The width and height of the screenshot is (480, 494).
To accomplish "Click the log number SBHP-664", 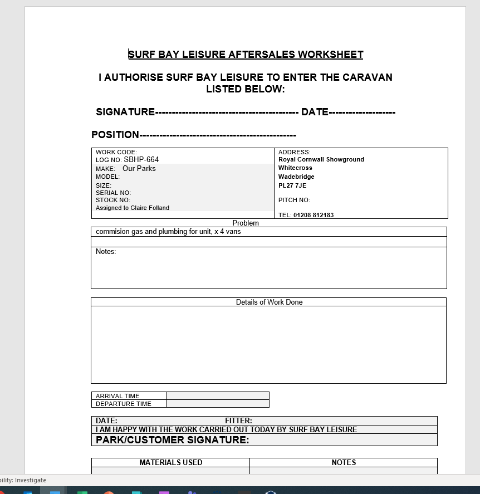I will point(141,160).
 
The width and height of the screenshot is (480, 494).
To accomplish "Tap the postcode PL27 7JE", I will point(292,185).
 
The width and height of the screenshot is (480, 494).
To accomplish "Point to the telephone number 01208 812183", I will point(314,215).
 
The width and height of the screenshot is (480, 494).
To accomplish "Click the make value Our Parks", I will point(139,169).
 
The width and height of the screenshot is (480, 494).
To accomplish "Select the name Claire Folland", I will point(150,208).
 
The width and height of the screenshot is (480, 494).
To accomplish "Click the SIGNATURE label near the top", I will point(125,112).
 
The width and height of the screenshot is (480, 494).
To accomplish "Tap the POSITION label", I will point(115,135).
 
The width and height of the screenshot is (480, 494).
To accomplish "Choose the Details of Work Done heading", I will point(269,302).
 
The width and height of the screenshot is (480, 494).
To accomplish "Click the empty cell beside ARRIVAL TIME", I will point(217,396).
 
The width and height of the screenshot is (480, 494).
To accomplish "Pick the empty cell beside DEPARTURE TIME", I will point(217,404).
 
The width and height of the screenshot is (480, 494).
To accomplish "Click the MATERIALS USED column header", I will point(170,462).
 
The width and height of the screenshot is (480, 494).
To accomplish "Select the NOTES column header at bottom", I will point(344,462).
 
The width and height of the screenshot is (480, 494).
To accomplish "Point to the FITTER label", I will point(238,421).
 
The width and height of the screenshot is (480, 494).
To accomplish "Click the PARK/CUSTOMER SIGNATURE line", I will point(172,440).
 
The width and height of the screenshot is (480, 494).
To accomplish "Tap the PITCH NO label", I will point(294,200).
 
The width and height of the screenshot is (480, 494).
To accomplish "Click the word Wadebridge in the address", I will point(296,177).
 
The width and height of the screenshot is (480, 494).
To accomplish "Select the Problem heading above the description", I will point(246,223).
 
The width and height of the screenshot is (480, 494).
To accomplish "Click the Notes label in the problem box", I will point(106,252).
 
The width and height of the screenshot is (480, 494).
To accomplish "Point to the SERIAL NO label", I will point(113,193).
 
